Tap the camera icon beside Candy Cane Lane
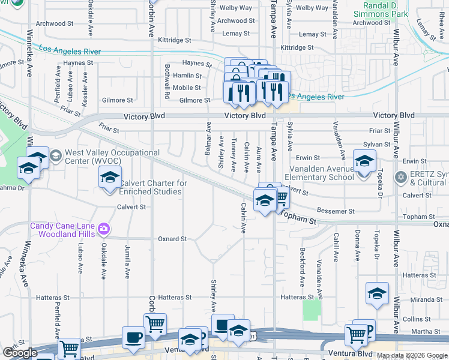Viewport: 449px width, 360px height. point(104,229)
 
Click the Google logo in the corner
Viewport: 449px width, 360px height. point(20,353)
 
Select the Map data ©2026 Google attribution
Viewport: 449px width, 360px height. point(411,355)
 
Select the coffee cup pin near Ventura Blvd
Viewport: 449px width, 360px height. point(133,337)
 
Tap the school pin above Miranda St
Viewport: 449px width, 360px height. point(377,293)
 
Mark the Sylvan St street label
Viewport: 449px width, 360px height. point(377,145)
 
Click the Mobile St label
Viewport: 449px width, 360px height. point(187,88)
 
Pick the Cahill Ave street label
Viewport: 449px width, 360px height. point(337,245)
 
